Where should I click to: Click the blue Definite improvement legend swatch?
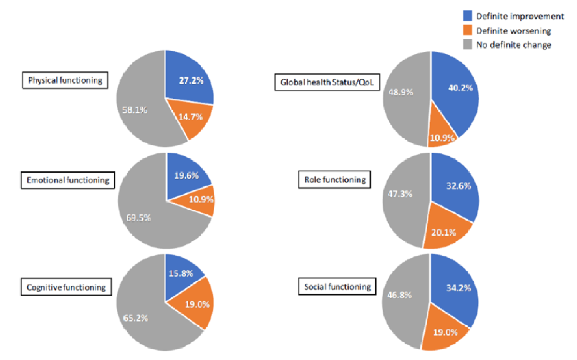(x=467, y=15)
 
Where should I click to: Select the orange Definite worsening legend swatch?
(x=467, y=30)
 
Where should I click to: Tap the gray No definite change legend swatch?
(x=467, y=44)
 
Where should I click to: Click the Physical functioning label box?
(x=65, y=80)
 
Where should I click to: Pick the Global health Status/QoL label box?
(x=327, y=82)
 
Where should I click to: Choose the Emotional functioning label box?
(x=68, y=180)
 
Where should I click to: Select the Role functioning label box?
(x=335, y=180)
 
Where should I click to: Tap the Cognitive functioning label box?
(x=66, y=287)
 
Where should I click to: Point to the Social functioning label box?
(x=338, y=287)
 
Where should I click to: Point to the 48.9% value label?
(x=401, y=92)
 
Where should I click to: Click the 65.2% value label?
(x=135, y=318)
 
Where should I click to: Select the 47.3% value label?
(x=400, y=194)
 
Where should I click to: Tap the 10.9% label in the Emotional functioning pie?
(x=201, y=199)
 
